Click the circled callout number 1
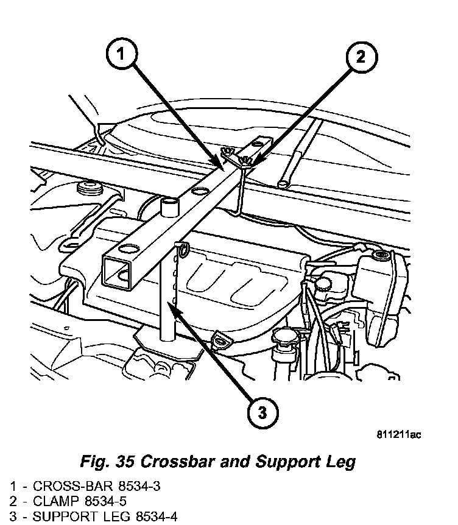click(122, 55)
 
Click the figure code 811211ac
click(399, 434)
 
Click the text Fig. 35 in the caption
click(107, 461)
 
